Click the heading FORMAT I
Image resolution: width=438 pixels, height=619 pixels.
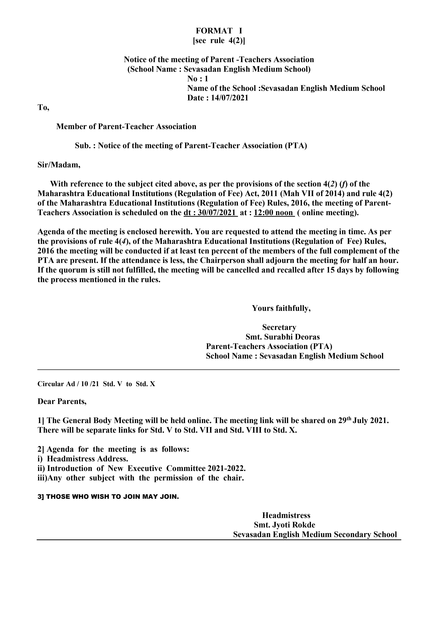point(219,31)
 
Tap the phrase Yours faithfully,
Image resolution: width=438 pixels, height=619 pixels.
point(281,308)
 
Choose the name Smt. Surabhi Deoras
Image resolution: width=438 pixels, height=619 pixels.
point(283,337)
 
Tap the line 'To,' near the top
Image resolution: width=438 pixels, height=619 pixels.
point(43,108)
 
